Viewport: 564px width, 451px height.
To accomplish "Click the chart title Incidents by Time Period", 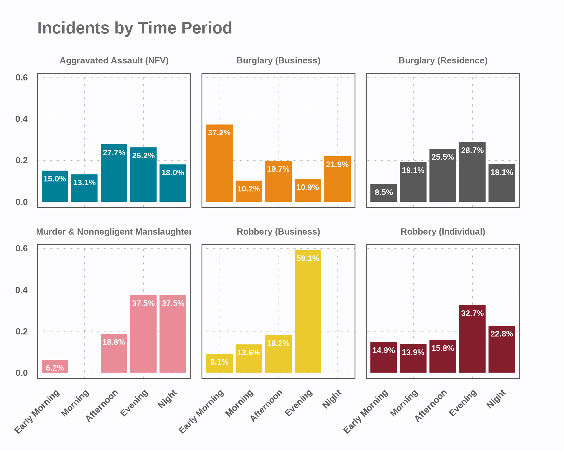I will pyautogui.click(x=135, y=28).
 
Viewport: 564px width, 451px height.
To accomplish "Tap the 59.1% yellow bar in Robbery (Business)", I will pyautogui.click(x=308, y=311).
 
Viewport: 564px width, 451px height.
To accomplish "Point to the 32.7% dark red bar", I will pyautogui.click(x=472, y=339).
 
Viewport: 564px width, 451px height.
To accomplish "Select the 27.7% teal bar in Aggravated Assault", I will pyautogui.click(x=114, y=173).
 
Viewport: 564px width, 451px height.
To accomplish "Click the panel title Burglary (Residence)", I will pyautogui.click(x=443, y=60).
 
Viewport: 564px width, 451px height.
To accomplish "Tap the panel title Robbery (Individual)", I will pyautogui.click(x=443, y=232).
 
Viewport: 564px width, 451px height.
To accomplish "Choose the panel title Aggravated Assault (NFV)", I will pyautogui.click(x=114, y=60).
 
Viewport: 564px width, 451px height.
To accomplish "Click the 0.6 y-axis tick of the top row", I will pyautogui.click(x=21, y=78).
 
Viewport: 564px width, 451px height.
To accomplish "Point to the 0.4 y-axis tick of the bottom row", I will pyautogui.click(x=21, y=290).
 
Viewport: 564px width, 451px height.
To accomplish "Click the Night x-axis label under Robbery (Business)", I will pyautogui.click(x=332, y=399).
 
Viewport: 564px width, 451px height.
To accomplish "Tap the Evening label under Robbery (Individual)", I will pyautogui.click(x=463, y=403).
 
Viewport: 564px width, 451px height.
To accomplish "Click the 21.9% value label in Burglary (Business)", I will pyautogui.click(x=337, y=164).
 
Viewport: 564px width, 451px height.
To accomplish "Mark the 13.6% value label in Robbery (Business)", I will pyautogui.click(x=249, y=353).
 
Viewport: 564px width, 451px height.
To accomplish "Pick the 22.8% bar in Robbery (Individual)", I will pyautogui.click(x=501, y=349).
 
